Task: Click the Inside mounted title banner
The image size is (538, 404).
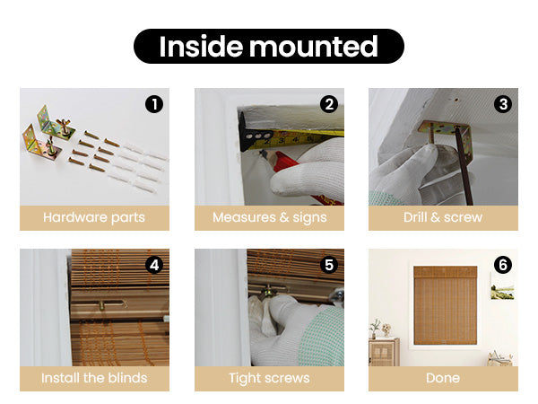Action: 269,46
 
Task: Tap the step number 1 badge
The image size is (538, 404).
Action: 154,104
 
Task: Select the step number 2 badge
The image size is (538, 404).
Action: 329,104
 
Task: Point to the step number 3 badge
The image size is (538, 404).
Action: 503,104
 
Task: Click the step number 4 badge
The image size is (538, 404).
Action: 154,265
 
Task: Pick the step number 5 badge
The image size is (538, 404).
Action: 329,265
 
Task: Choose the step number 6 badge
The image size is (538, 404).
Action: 503,265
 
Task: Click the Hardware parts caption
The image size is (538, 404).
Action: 94,218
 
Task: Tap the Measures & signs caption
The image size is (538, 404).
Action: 269,218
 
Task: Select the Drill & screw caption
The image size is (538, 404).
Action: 443,217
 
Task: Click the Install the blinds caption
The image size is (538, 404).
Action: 94,378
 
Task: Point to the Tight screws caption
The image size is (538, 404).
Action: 269,378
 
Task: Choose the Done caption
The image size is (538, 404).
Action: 443,378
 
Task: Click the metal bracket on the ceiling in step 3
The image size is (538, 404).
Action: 446,132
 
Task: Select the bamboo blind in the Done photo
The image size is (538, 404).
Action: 446,305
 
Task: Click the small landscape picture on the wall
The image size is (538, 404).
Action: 502,287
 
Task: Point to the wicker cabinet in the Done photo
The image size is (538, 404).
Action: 385,351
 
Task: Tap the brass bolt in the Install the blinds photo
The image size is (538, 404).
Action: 101,304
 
